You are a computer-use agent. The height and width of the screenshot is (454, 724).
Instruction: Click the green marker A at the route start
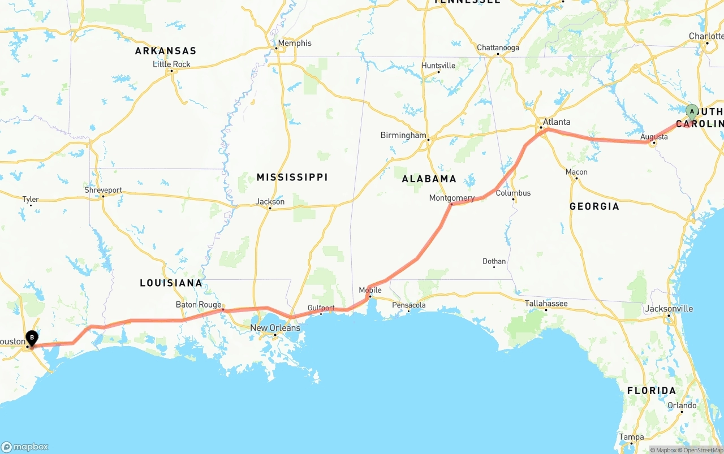coord(692,111)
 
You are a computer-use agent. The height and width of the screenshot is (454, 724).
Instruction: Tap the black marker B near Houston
coord(32,338)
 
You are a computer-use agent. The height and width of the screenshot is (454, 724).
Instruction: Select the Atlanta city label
coord(557,122)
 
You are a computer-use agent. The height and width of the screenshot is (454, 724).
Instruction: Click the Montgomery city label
coord(451,198)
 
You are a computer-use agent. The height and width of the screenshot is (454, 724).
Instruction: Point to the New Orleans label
coord(275,328)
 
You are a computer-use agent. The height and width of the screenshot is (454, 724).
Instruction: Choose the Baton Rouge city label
coord(199,305)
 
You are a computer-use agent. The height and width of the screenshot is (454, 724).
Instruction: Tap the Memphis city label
coord(294,43)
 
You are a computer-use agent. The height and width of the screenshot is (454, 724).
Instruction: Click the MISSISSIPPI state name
coord(292,178)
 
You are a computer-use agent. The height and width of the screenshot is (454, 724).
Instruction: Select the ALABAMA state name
coord(429,179)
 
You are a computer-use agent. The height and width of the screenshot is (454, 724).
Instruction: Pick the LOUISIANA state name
coord(171,283)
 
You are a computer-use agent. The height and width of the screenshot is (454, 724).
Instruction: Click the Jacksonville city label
coord(669,309)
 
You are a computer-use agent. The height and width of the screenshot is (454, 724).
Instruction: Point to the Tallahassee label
coord(546,304)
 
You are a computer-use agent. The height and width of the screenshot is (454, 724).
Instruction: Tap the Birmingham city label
coord(403,136)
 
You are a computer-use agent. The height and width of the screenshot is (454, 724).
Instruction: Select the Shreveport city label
coord(103,190)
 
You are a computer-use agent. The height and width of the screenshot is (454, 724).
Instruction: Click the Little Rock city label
coord(171,64)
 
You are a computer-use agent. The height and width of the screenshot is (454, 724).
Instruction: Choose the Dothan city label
coord(494,261)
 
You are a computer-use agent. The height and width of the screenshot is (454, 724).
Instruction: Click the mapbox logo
coord(25,447)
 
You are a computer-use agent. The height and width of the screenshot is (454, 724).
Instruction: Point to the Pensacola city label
coord(409,305)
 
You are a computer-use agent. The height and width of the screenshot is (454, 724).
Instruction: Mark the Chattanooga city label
coord(498,47)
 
